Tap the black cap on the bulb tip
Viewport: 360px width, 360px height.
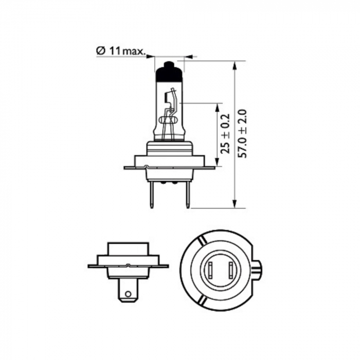(x=169, y=72)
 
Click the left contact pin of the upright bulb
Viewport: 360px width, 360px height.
(x=151, y=195)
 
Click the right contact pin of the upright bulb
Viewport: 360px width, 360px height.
(x=188, y=195)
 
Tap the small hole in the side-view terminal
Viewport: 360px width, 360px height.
(x=129, y=295)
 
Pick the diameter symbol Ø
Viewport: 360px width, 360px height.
(x=101, y=51)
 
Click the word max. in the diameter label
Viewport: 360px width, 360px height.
(x=133, y=51)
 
